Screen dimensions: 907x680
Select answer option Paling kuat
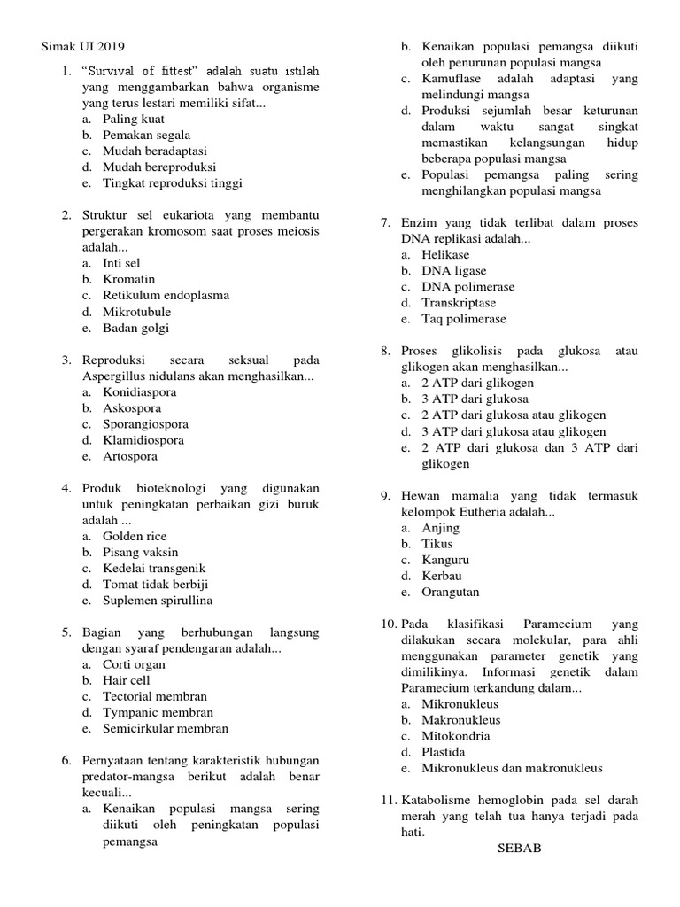coord(133,119)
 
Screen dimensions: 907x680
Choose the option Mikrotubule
coord(136,312)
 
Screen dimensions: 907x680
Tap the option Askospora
coord(133,408)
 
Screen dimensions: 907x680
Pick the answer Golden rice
coord(135,536)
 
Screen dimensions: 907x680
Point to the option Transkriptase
coord(458,303)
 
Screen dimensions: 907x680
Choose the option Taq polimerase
coord(464,319)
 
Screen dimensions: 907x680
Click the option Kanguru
coord(445,560)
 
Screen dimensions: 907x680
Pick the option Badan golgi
coord(135,328)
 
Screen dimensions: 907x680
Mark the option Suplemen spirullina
coord(157,600)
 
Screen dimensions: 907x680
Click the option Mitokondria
coord(455,736)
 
